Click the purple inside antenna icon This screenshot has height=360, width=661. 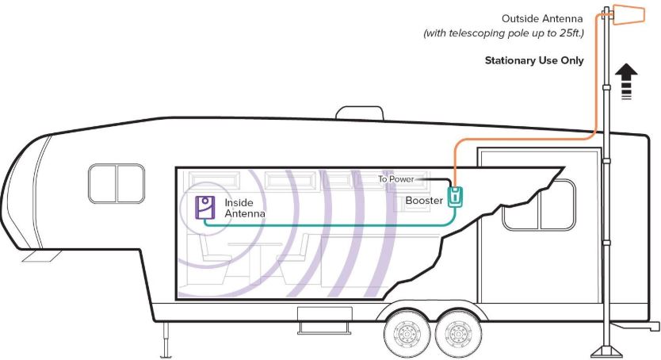pos(205,206)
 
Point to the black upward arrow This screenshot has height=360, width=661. pos(625,80)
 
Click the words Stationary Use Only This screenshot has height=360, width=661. pos(534,59)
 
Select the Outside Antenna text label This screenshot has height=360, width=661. pos(541,18)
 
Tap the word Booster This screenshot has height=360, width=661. pos(424,201)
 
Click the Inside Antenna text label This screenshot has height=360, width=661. pos(244,208)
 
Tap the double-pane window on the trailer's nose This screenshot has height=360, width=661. pos(117,183)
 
